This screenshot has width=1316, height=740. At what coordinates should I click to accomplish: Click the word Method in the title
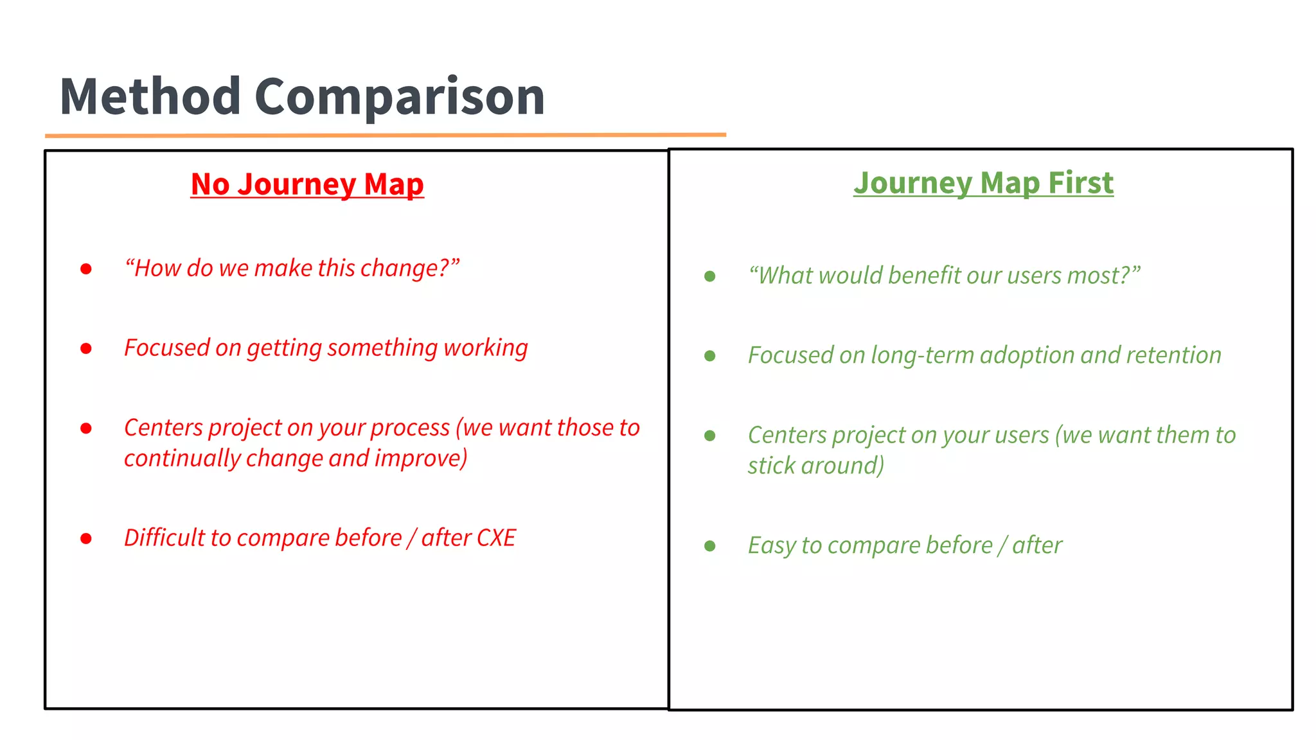[150, 96]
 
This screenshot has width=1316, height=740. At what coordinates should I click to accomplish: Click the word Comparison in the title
[400, 96]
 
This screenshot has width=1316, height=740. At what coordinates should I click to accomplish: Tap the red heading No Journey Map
[307, 184]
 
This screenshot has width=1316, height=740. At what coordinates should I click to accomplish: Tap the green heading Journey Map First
[983, 183]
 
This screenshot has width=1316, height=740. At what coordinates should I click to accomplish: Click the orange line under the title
[386, 135]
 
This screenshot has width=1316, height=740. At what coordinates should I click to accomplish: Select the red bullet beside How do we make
[86, 269]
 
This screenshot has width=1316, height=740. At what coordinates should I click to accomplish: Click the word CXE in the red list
[496, 538]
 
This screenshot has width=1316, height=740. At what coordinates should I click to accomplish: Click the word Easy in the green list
[771, 545]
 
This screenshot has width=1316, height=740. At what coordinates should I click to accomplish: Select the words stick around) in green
[815, 466]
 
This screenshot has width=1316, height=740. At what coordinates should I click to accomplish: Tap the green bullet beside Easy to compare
[710, 546]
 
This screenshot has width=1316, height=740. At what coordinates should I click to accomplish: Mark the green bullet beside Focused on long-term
[710, 356]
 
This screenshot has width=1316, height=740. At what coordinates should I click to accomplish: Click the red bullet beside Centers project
[86, 428]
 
